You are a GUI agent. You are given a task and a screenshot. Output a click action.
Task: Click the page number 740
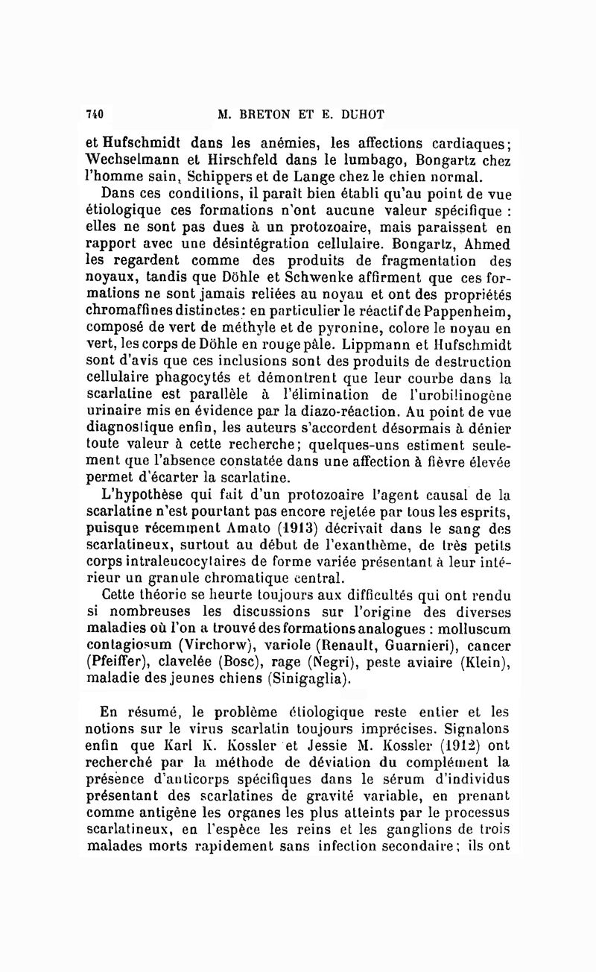click(95, 114)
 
